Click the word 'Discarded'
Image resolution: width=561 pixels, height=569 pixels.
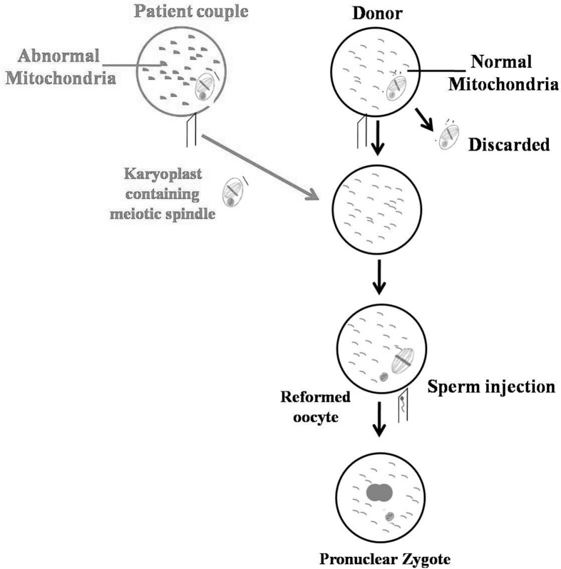click(509, 145)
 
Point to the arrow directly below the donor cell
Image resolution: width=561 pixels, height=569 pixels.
click(379, 140)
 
